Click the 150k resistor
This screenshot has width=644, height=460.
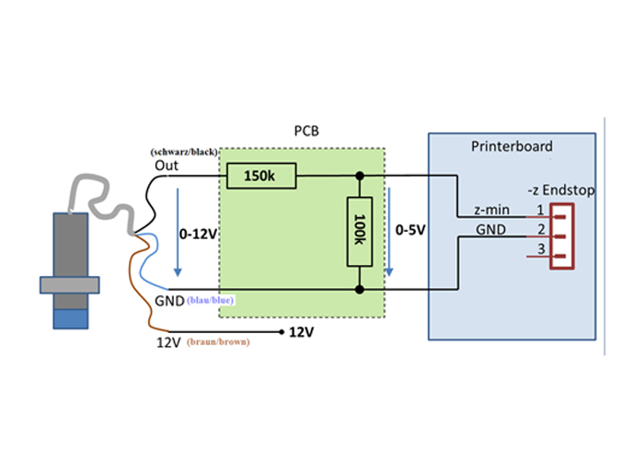(259, 175)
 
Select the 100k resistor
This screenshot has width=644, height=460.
(360, 232)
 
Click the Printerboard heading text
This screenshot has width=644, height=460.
(511, 146)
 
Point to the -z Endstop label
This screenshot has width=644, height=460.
(560, 190)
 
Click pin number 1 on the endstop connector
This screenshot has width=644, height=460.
(542, 210)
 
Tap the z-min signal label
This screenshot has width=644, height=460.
(491, 210)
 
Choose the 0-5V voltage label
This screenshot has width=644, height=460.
(409, 229)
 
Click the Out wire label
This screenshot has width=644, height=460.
(167, 166)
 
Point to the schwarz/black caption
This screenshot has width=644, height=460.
(183, 151)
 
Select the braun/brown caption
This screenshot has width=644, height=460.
(218, 341)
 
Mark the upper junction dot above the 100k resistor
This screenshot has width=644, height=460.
(360, 175)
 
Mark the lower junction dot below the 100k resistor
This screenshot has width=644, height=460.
(360, 290)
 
